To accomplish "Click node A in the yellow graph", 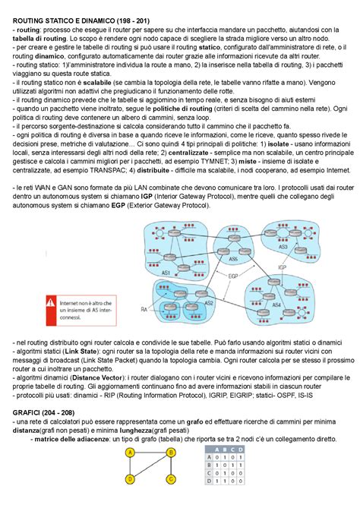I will point(130,453).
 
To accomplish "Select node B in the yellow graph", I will point(171,453).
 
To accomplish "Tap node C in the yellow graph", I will point(171,479).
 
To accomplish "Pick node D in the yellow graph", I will point(130,479).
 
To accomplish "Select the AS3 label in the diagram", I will point(283,247).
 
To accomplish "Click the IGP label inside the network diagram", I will point(282,267).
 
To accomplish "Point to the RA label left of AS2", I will point(144,309).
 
